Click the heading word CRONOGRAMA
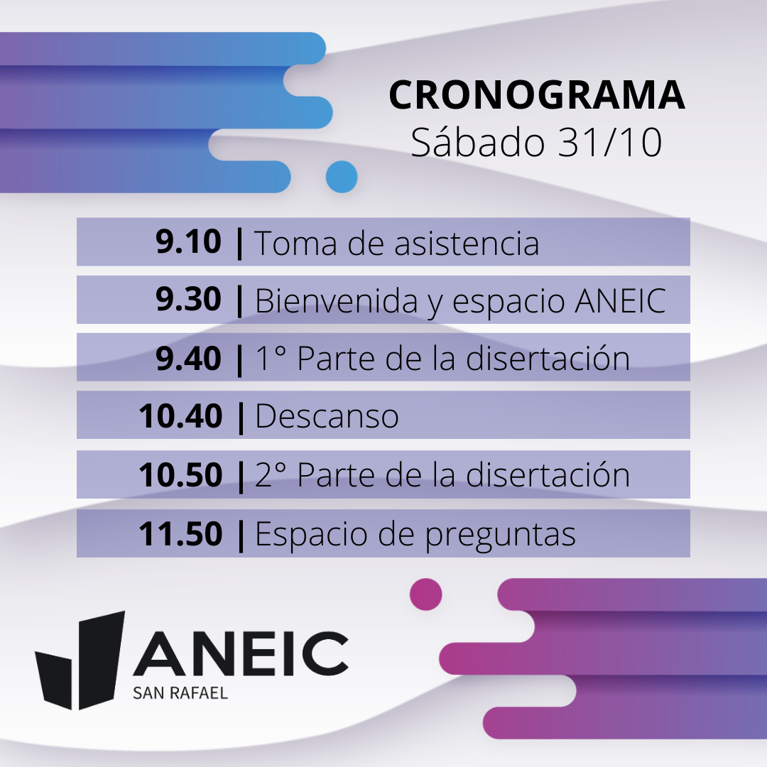tap(537, 94)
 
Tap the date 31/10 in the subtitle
tap(610, 142)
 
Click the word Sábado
tap(477, 141)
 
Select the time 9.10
tap(188, 241)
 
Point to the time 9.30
tap(188, 300)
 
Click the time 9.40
tap(188, 358)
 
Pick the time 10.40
tap(180, 415)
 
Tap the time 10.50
tap(180, 474)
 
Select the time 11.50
tap(180, 533)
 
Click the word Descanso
tap(327, 416)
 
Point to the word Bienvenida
tap(337, 300)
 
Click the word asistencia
tap(467, 243)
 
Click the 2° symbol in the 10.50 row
tap(271, 474)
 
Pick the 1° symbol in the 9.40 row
tap(271, 357)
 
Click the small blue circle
tap(342, 177)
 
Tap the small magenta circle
tap(425, 594)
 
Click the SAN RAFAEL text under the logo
tap(180, 693)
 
